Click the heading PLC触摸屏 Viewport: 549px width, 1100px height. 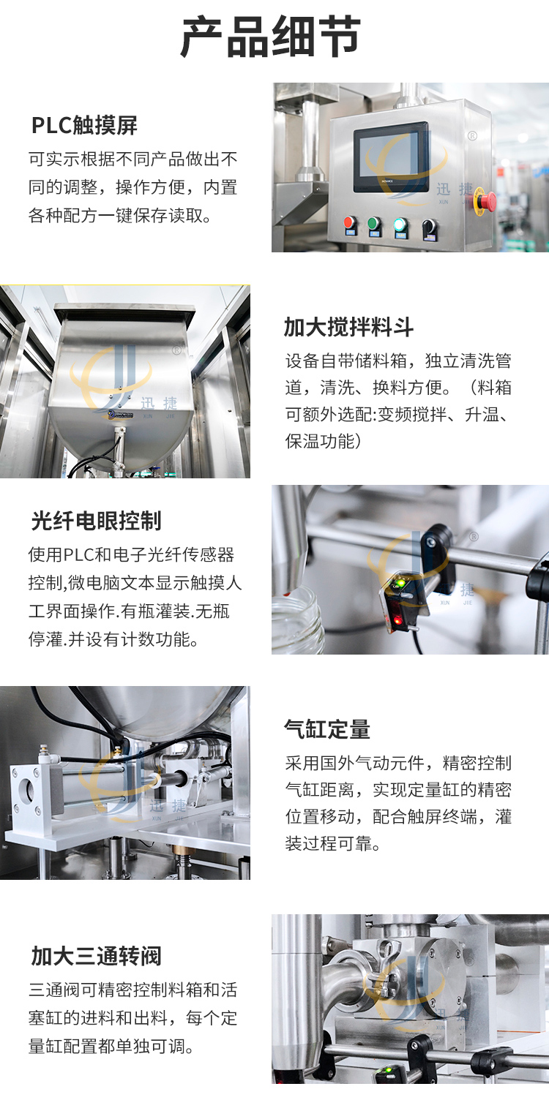[x=84, y=126]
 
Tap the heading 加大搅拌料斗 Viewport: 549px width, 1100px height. [x=348, y=327]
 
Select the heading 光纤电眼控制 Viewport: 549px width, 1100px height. [x=96, y=521]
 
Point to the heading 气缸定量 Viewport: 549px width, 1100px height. [x=327, y=729]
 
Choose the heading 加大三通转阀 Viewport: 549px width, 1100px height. [x=96, y=956]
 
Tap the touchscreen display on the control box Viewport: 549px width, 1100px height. [x=391, y=157]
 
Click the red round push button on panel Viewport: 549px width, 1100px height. [x=351, y=223]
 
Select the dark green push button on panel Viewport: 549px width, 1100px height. [x=375, y=223]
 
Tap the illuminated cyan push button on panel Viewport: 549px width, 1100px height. [x=400, y=224]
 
